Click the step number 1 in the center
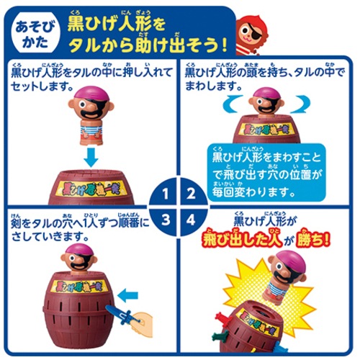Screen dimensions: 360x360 (166, 194)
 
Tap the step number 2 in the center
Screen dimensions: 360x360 (191, 194)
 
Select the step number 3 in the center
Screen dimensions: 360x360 (166, 220)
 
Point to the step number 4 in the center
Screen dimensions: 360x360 (191, 220)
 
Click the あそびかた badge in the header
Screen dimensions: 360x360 (35, 35)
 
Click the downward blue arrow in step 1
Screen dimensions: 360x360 (91, 157)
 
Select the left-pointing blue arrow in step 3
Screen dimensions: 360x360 (128, 296)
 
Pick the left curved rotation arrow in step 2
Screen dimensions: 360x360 (233, 104)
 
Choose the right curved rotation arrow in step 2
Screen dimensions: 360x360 (300, 104)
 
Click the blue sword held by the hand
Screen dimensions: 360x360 (121, 315)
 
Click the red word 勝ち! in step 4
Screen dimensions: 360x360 (312, 240)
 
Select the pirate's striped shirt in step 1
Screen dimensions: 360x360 (91, 130)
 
